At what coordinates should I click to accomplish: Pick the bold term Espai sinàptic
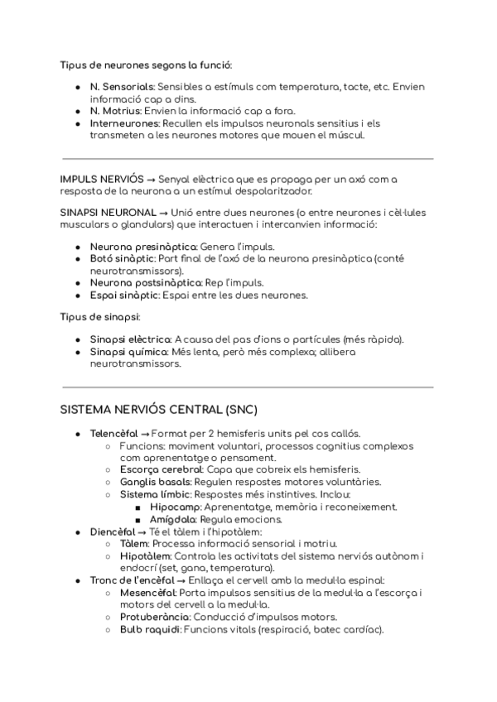click(x=124, y=295)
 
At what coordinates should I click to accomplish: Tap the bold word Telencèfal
click(x=113, y=434)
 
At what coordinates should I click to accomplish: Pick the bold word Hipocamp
click(x=176, y=507)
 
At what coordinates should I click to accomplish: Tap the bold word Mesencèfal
click(x=147, y=593)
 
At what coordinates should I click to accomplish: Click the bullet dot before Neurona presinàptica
click(x=77, y=247)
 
